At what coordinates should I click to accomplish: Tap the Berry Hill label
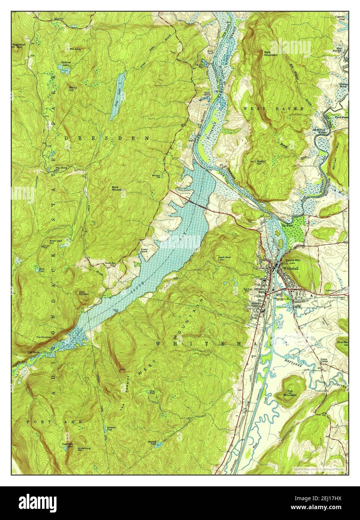coord(73,88)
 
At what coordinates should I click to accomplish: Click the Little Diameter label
coord(84,293)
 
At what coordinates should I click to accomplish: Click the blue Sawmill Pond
coord(158,445)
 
